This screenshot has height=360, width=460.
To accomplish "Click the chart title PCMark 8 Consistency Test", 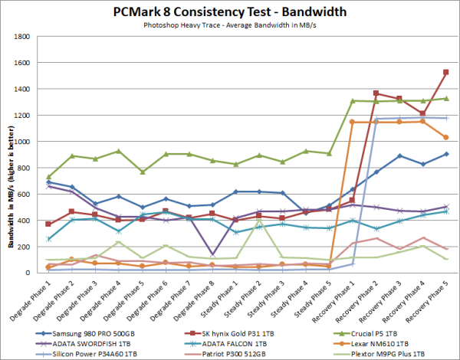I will click(x=229, y=12).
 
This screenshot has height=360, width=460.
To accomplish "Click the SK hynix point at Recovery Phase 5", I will click(x=446, y=72).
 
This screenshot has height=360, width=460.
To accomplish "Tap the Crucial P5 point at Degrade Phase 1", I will click(x=49, y=177).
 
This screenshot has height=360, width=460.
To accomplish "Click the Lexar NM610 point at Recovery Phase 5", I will click(x=446, y=137).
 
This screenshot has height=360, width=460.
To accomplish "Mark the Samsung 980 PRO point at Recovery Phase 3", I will click(x=399, y=155).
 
